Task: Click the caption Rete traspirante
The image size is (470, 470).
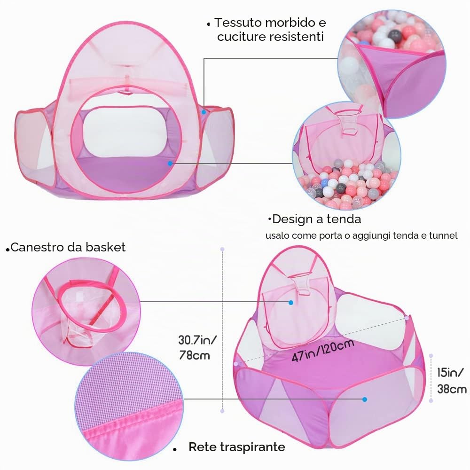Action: click(x=237, y=447)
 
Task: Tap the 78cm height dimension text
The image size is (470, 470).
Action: click(x=194, y=355)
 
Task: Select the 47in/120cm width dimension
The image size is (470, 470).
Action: click(x=323, y=351)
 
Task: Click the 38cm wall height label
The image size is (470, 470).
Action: click(x=452, y=389)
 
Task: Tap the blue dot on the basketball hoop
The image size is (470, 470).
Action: click(x=291, y=303)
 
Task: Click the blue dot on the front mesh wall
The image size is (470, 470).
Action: click(x=365, y=399)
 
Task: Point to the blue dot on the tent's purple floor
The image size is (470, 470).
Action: click(x=170, y=164)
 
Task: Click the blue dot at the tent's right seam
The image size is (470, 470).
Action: click(x=204, y=112)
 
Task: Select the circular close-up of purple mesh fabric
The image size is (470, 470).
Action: click(x=129, y=406)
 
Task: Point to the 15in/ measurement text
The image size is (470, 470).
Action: click(x=450, y=373)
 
